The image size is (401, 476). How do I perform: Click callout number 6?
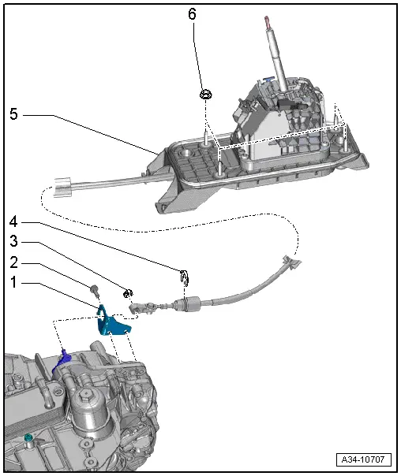192,14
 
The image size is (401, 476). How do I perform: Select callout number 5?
13,114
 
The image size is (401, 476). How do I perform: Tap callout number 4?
13,221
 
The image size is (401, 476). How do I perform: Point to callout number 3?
13,241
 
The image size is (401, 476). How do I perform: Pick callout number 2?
13,262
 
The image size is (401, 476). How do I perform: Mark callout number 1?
13,282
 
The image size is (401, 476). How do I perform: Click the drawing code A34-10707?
364,459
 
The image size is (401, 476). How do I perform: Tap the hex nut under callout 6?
206,95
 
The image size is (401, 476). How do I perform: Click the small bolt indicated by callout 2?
95,290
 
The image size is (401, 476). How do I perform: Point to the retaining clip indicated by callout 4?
185,277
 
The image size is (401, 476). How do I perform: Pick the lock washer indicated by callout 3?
128,293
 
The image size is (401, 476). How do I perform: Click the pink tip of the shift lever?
268,22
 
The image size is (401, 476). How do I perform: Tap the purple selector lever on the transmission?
62,361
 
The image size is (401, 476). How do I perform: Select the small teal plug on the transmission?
28,438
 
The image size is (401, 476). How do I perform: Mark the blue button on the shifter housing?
268,80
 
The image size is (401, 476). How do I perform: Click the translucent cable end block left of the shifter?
62,187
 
